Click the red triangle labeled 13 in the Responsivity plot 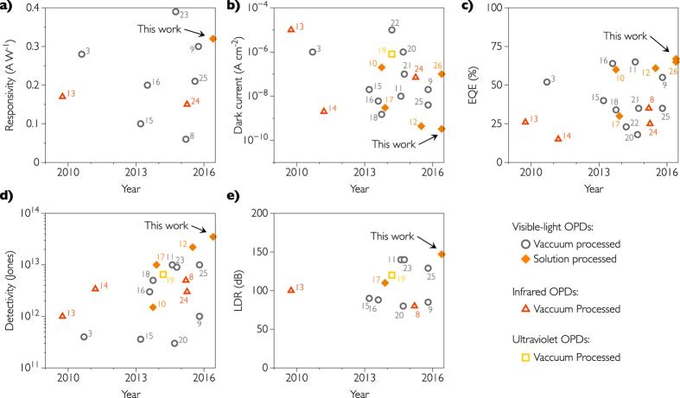click(x=62, y=95)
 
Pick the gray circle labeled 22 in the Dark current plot click(x=391, y=29)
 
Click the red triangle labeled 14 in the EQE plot click(x=558, y=138)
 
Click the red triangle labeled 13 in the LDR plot click(x=291, y=289)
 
